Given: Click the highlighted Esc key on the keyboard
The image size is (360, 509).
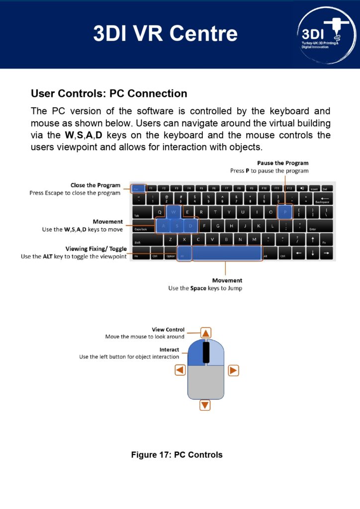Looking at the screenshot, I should [139, 188].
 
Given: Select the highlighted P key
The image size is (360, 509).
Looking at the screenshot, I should [285, 212].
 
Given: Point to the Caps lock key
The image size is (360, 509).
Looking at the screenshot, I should [143, 227].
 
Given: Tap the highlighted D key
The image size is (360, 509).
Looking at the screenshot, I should [191, 226].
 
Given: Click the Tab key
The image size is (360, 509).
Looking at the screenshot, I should [141, 213].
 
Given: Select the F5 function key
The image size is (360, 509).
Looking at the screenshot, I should [201, 188].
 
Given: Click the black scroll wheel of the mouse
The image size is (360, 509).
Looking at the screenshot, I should [206, 351].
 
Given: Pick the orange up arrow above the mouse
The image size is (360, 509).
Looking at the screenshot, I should [206, 333].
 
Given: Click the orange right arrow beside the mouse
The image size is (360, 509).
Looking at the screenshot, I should [233, 370].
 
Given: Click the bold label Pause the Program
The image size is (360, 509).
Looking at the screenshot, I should [282, 163].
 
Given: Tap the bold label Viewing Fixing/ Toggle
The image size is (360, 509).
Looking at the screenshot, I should [96, 249].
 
